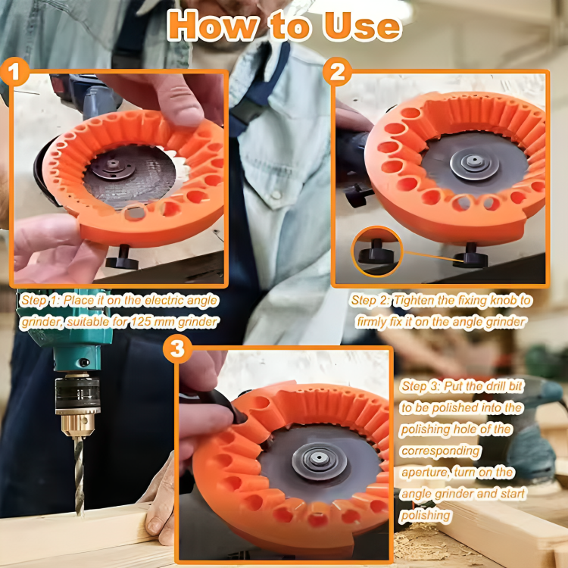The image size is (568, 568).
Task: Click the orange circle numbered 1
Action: point(14,71)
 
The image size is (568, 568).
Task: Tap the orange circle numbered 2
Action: point(337,71)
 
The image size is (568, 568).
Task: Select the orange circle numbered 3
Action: point(177,349)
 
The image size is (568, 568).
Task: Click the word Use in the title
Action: point(362,26)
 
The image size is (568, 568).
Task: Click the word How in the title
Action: point(214,26)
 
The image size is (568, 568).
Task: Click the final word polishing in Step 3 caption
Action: point(426,516)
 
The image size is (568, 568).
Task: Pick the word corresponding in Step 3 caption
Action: point(441,451)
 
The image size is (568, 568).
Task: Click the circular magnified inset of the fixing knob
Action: point(377,251)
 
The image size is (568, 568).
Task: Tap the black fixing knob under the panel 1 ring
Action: point(122,258)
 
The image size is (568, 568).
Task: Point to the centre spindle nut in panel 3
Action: point(319,460)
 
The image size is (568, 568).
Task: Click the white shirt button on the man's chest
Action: point(276,195)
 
